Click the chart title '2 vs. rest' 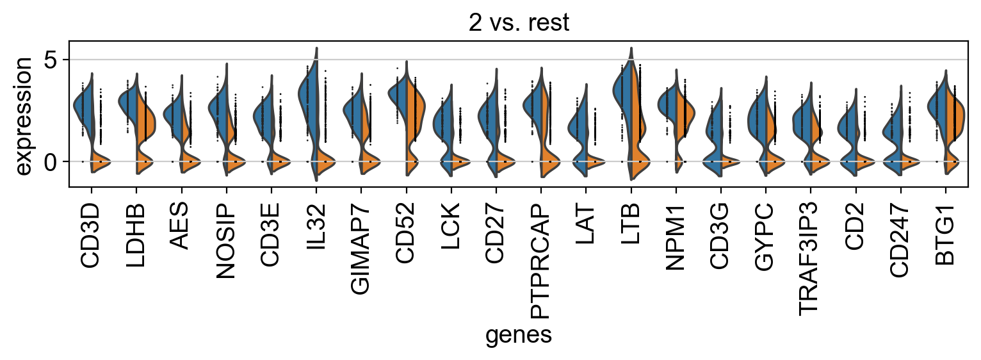tap(519, 22)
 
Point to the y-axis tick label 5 tap(53, 60)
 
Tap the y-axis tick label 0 tap(53, 162)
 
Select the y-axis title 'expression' tap(23, 115)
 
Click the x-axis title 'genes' tap(519, 335)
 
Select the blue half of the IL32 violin tap(308, 96)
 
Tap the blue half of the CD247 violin tap(895, 135)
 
